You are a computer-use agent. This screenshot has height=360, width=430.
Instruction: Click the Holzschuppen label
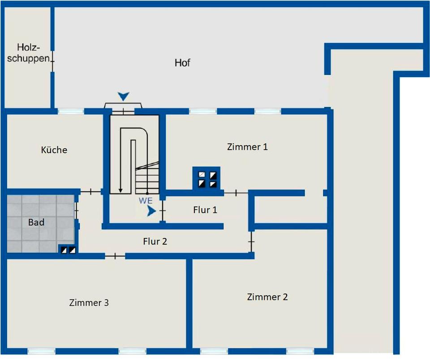[x=29, y=53]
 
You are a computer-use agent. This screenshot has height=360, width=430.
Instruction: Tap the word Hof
[x=182, y=63]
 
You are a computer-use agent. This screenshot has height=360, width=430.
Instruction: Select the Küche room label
[x=54, y=150]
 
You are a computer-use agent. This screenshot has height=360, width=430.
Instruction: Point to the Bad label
[x=36, y=222]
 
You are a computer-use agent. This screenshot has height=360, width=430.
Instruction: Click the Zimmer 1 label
[x=247, y=147]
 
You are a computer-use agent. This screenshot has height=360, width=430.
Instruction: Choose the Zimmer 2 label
[x=267, y=297]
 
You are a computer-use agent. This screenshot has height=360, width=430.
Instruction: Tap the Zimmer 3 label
[x=89, y=303]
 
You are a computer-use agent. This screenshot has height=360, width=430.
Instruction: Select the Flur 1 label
[x=205, y=210]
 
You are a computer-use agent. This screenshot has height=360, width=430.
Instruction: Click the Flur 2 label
[x=155, y=242]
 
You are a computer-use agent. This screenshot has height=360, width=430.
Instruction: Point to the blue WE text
[x=146, y=200]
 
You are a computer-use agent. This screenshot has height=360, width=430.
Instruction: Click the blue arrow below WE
[x=151, y=211]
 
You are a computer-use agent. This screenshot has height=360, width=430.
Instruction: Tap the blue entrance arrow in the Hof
[x=124, y=96]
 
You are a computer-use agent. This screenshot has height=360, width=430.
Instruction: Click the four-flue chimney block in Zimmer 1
[x=206, y=178]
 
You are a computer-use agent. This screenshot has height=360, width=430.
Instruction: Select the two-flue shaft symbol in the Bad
[x=68, y=250]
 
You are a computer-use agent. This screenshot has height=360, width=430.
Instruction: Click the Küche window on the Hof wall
[x=71, y=111]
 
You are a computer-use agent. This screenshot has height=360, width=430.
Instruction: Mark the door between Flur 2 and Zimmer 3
[x=115, y=256]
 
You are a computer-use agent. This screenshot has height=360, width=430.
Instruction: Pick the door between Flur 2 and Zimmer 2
[x=251, y=242]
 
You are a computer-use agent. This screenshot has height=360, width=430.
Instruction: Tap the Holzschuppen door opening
[x=52, y=61]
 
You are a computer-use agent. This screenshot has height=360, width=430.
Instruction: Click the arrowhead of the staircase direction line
[x=120, y=191]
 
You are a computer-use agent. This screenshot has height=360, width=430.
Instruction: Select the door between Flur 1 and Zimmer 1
[x=236, y=193]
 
